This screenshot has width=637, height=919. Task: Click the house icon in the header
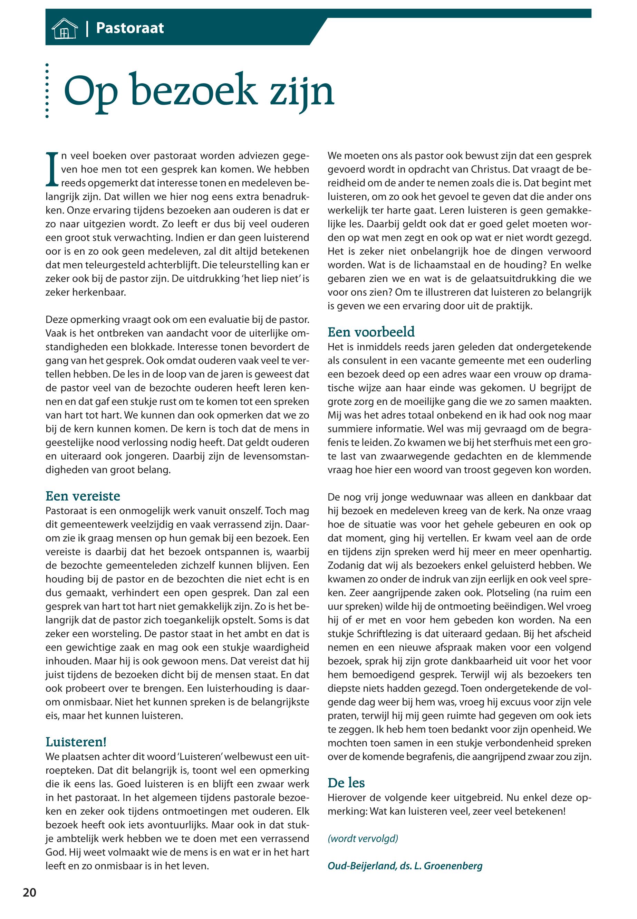click(64, 29)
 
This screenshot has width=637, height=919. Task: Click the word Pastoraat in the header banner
click(130, 28)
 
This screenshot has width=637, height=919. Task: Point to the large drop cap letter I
click(52, 169)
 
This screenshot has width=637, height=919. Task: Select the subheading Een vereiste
click(83, 496)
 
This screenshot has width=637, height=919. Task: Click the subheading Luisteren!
click(76, 742)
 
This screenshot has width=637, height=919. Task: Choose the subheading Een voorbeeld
click(371, 332)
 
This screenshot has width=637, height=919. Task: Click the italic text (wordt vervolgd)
click(363, 838)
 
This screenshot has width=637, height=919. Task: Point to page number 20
click(30, 893)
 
